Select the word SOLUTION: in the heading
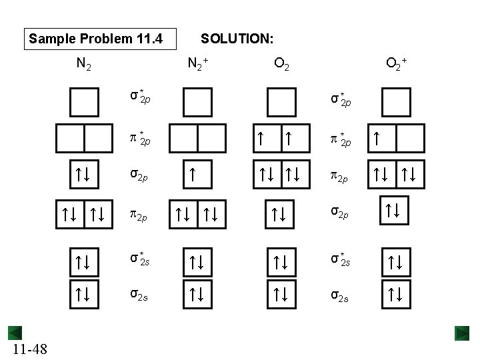pyautogui.click(x=237, y=39)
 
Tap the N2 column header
pyautogui.click(x=84, y=65)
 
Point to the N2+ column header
pyautogui.click(x=198, y=65)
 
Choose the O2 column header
pyautogui.click(x=281, y=65)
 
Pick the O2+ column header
pyautogui.click(x=397, y=65)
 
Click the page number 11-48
pyautogui.click(x=30, y=348)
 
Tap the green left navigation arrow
pyautogui.click(x=15, y=333)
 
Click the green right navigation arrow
pyautogui.click(x=463, y=333)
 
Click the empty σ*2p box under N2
pyautogui.click(x=84, y=102)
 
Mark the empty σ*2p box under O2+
pyautogui.click(x=397, y=102)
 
